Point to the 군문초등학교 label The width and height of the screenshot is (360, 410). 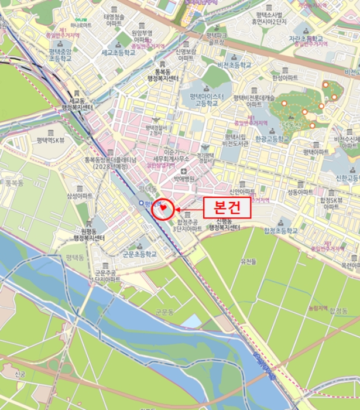[x=139, y=254]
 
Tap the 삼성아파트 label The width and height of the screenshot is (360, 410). [x=80, y=196]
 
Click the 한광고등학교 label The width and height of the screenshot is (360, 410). [x=272, y=139]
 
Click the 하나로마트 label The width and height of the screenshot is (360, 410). [x=80, y=25]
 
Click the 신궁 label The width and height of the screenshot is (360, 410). [x=20, y=374]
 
